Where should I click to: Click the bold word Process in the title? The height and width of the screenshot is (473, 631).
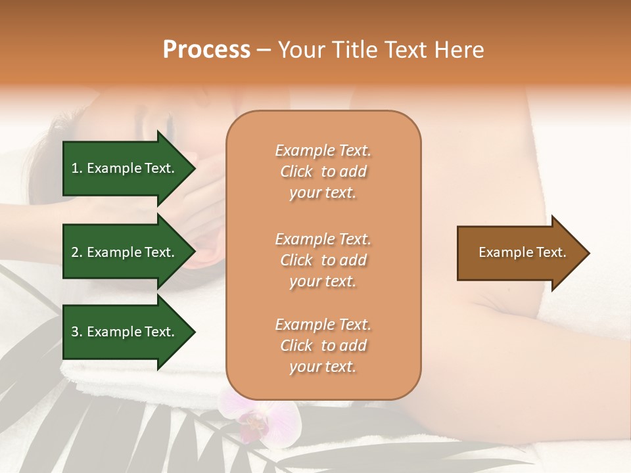point(206,50)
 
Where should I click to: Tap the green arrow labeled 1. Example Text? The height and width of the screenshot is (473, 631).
point(125,168)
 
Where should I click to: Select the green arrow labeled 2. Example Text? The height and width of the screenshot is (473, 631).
point(125,252)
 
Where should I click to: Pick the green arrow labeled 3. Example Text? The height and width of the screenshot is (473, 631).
point(125,332)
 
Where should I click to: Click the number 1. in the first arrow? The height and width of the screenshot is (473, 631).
point(77,168)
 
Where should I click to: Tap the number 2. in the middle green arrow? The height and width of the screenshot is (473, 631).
point(77,252)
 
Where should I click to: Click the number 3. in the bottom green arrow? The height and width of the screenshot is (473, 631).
point(77,332)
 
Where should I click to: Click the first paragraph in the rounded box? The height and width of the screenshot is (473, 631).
point(323,171)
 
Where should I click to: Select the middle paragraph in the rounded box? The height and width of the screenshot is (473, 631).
point(323,260)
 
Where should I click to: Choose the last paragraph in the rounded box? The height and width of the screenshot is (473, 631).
point(323,346)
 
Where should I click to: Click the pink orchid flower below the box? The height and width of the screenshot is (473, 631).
point(260,417)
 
